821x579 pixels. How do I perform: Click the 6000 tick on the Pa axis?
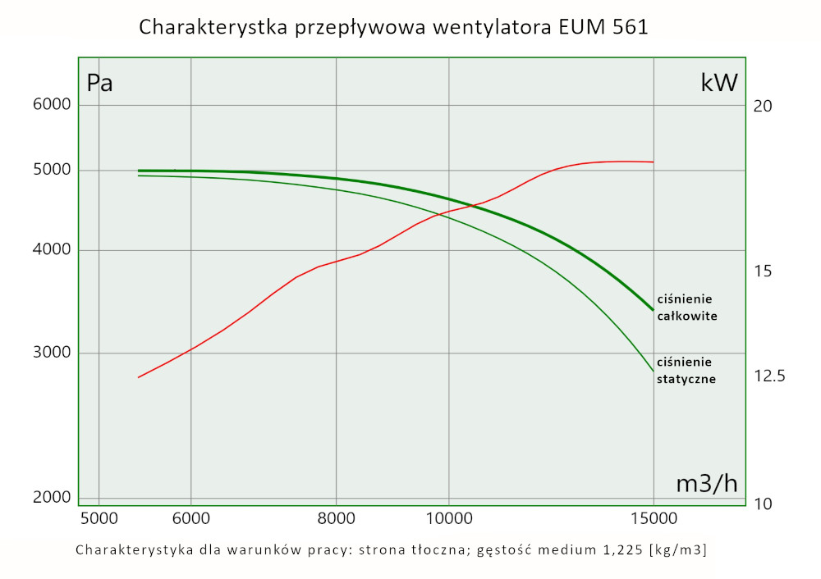click(x=52, y=105)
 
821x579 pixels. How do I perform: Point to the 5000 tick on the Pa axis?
click(x=52, y=171)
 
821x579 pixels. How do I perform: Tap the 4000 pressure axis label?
click(x=52, y=251)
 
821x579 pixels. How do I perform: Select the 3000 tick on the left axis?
click(x=52, y=353)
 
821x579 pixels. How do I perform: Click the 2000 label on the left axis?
click(x=52, y=498)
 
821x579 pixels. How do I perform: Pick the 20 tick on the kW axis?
click(x=764, y=106)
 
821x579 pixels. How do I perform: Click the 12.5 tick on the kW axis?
click(x=769, y=376)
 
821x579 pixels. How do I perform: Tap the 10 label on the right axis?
click(x=764, y=503)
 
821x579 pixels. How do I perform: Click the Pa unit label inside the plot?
click(x=99, y=83)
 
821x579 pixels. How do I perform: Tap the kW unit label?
click(x=719, y=82)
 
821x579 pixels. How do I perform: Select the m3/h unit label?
click(x=706, y=484)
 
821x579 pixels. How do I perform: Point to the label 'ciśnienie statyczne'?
click(x=687, y=370)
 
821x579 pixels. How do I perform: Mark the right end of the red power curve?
click(x=653, y=162)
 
